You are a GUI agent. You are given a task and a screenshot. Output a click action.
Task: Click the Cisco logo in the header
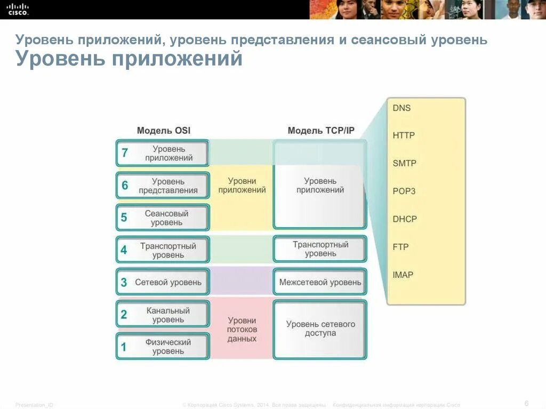[18, 9]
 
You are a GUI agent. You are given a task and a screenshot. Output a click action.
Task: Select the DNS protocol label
[402, 108]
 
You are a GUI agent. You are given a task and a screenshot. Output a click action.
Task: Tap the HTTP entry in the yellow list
[404, 135]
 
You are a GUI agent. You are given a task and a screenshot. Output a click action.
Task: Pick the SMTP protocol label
[404, 163]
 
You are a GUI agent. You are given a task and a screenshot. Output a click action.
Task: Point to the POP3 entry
[404, 191]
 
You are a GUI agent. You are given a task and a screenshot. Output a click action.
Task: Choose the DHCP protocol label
[405, 219]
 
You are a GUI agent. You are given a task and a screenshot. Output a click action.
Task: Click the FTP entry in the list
[400, 247]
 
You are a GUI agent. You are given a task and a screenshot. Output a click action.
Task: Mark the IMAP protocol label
[403, 275]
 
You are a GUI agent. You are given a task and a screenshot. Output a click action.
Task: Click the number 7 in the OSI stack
[125, 154]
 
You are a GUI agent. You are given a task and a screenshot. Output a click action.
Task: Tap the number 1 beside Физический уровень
[124, 348]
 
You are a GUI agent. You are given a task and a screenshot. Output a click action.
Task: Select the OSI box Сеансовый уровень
[166, 218]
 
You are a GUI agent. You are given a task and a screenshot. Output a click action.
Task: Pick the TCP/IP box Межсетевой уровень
[320, 282]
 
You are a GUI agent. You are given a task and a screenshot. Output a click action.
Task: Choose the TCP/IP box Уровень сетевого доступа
[320, 328]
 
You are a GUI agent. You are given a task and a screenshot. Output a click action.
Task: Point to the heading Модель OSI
[163, 131]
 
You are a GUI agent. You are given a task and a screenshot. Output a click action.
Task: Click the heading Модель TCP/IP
[321, 131]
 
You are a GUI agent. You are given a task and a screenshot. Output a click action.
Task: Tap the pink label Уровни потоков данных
[242, 330]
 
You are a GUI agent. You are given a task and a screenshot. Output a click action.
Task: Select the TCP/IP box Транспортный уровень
[320, 249]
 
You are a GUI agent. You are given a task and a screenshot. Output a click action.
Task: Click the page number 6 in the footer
[526, 403]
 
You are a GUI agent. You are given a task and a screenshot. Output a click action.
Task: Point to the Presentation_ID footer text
[34, 405]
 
